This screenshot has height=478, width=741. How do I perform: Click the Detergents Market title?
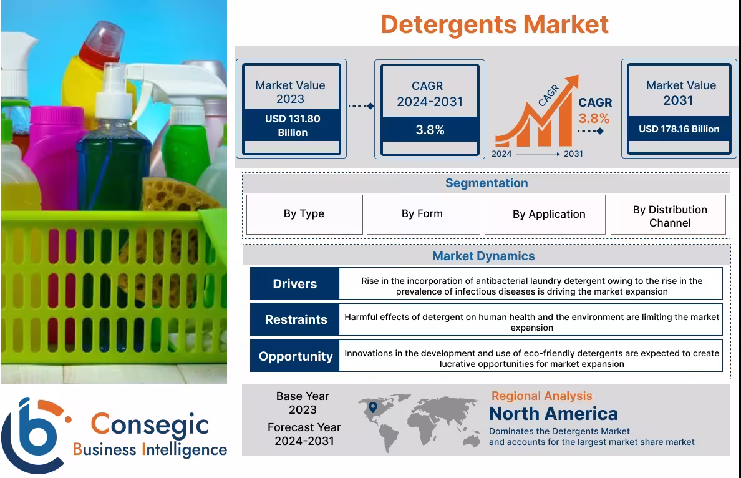coord(494,24)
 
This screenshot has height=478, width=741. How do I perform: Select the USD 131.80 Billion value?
coord(293,125)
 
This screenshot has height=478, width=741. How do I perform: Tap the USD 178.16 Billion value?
coord(679,129)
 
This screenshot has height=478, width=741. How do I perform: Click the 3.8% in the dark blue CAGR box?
coord(430,130)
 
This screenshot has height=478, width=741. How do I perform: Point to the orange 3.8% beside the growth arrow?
coord(594,118)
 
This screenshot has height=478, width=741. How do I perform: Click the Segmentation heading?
coord(486,183)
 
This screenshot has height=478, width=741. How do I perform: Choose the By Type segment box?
coord(304,214)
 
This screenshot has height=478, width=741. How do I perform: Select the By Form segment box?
coord(422,214)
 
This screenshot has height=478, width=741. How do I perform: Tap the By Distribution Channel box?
coord(669,216)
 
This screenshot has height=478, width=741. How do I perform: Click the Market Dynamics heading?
coord(483,256)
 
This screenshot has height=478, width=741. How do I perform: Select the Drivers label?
coord(294,284)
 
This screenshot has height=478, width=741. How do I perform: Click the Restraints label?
coord(296,319)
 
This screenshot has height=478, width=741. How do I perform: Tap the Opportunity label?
coord(296,356)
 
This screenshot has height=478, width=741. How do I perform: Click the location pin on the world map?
coord(373,407)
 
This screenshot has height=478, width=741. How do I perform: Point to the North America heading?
coord(553,413)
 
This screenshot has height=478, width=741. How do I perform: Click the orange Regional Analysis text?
coord(541,396)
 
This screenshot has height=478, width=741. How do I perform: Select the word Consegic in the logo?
coord(150,424)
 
